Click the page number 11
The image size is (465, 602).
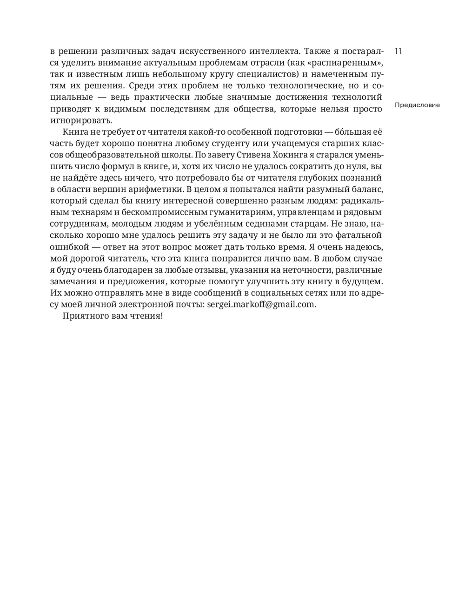(398, 51)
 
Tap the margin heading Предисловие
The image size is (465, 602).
(417, 105)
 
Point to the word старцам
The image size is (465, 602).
(301, 224)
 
